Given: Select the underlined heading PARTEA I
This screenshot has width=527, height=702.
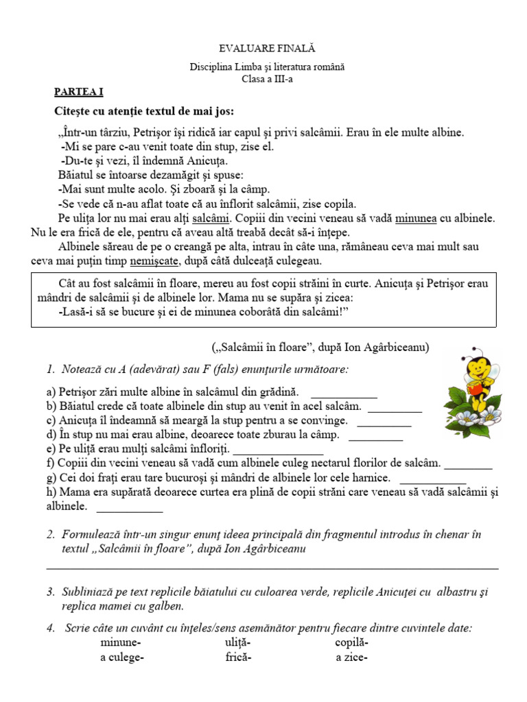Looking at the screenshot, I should tap(79, 91).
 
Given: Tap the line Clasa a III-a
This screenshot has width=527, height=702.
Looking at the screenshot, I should tap(268, 79).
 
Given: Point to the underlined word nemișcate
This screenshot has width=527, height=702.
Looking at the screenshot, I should tap(156, 261).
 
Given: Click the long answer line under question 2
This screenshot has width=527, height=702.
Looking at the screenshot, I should tap(272, 568).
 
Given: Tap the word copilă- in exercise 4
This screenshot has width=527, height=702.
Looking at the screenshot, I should tap(352, 643).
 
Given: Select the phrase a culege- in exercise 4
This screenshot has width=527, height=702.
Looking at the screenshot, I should tap(121, 657).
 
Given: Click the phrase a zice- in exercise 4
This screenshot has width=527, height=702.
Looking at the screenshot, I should tap(352, 657).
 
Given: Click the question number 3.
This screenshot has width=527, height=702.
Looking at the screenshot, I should tap(50, 592).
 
